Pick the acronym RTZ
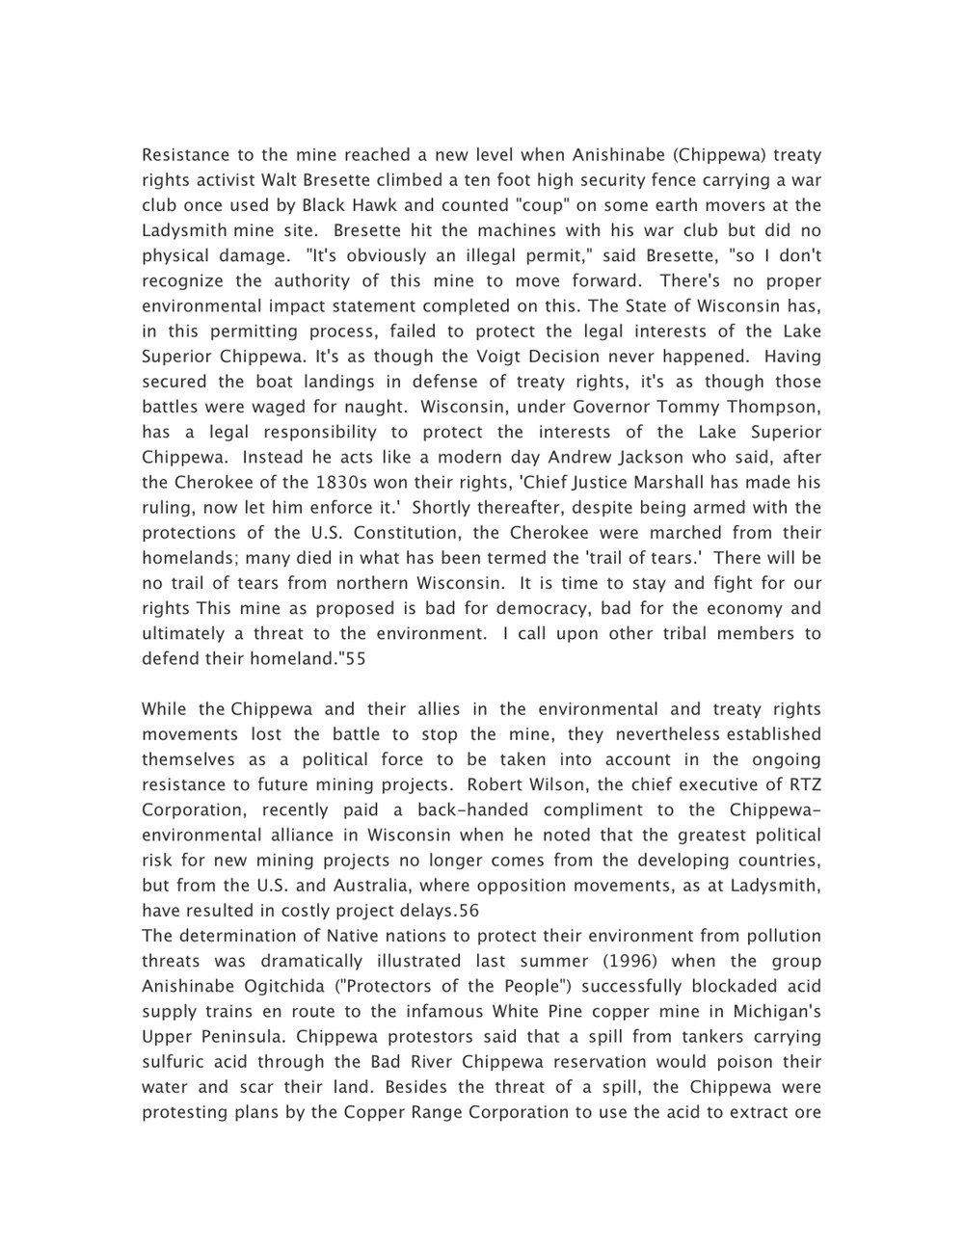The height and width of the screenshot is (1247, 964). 802,785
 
